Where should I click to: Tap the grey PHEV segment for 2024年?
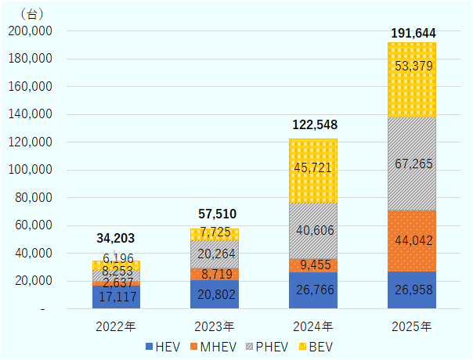[x=313, y=231]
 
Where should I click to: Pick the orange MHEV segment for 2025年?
[x=412, y=241]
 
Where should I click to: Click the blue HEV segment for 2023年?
[x=215, y=295]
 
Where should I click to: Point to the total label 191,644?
[x=413, y=33]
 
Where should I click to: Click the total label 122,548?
[x=313, y=124]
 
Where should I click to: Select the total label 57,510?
[x=215, y=214]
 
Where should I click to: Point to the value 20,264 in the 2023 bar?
[x=215, y=254]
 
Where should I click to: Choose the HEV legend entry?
[x=164, y=344]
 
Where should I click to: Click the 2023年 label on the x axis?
[x=215, y=325]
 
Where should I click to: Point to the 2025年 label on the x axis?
[x=412, y=325]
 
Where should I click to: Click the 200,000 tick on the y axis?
[x=29, y=31]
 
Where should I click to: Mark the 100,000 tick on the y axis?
[x=29, y=170]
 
